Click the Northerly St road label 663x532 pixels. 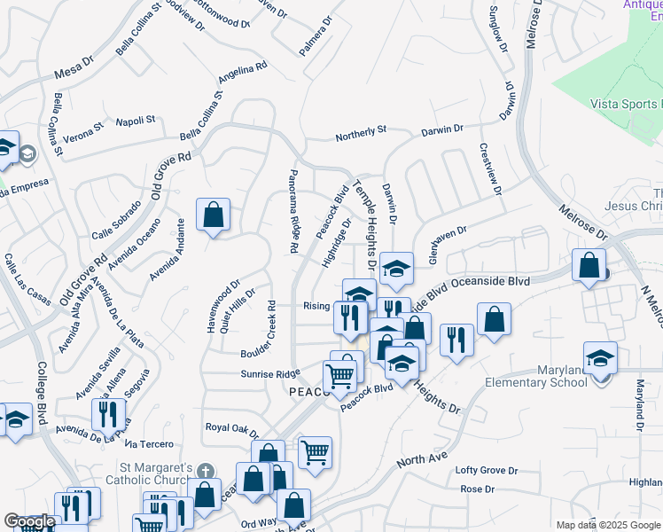(x=361, y=134)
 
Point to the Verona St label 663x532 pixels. (x=83, y=126)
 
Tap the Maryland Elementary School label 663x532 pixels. (x=549, y=376)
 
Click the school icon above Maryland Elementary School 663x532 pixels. (x=600, y=358)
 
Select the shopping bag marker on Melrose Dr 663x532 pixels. (x=589, y=265)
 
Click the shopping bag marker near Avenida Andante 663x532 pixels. (x=214, y=215)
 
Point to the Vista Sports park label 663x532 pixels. (x=626, y=104)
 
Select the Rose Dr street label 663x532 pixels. (x=477, y=489)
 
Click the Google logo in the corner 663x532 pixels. (x=29, y=521)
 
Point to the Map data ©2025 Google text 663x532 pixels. (x=608, y=525)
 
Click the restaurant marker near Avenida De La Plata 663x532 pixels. (x=104, y=414)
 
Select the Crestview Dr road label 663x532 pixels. (x=492, y=171)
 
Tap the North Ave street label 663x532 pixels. (x=418, y=458)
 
